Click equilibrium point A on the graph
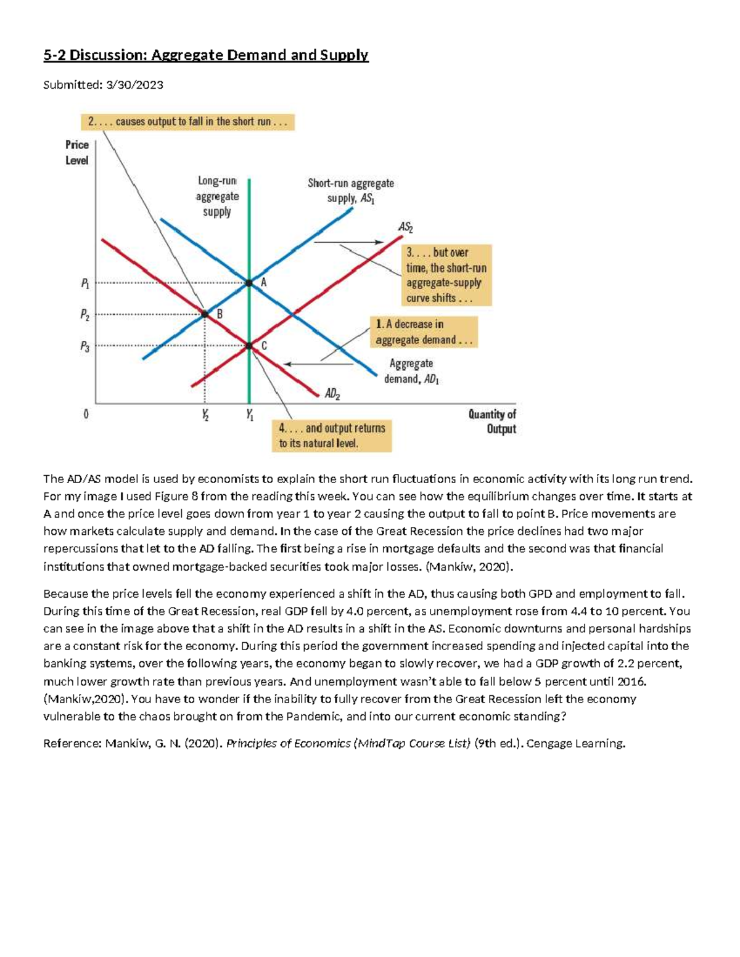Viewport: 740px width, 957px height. (x=249, y=283)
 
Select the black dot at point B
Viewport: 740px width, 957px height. (x=205, y=314)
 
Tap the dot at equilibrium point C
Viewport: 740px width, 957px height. (x=249, y=346)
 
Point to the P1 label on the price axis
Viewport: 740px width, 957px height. (x=85, y=284)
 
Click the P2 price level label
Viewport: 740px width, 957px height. (x=85, y=315)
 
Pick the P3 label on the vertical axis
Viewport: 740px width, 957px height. (x=85, y=347)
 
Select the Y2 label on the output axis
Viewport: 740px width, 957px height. (x=205, y=415)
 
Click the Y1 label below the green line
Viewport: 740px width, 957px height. (x=250, y=415)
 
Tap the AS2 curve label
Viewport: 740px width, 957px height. (x=406, y=227)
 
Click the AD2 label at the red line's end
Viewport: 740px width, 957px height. (x=332, y=394)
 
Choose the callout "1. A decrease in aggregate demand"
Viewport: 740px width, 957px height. (x=424, y=332)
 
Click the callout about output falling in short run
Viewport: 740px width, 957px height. (x=187, y=122)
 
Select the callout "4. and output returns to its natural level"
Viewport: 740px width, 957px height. (x=332, y=436)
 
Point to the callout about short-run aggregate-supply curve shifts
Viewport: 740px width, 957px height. (x=447, y=275)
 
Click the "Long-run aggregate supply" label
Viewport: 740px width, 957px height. (x=217, y=197)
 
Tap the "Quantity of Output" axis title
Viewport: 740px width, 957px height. (x=492, y=421)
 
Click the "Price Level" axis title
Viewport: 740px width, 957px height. (x=76, y=152)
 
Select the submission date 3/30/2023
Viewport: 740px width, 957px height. (x=134, y=85)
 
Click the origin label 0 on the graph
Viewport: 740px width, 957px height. (x=86, y=415)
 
